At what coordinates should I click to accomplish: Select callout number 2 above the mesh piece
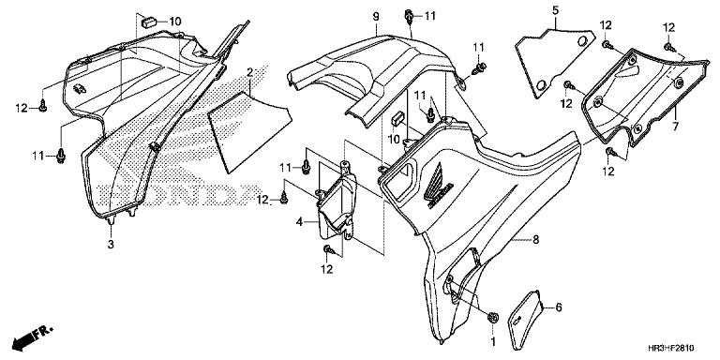[250, 73]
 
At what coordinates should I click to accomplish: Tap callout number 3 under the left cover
[111, 245]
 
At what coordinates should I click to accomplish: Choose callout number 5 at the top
[554, 10]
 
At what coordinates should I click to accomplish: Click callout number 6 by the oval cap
[559, 307]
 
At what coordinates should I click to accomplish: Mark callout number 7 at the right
[676, 125]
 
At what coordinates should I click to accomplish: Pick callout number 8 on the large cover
[535, 240]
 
